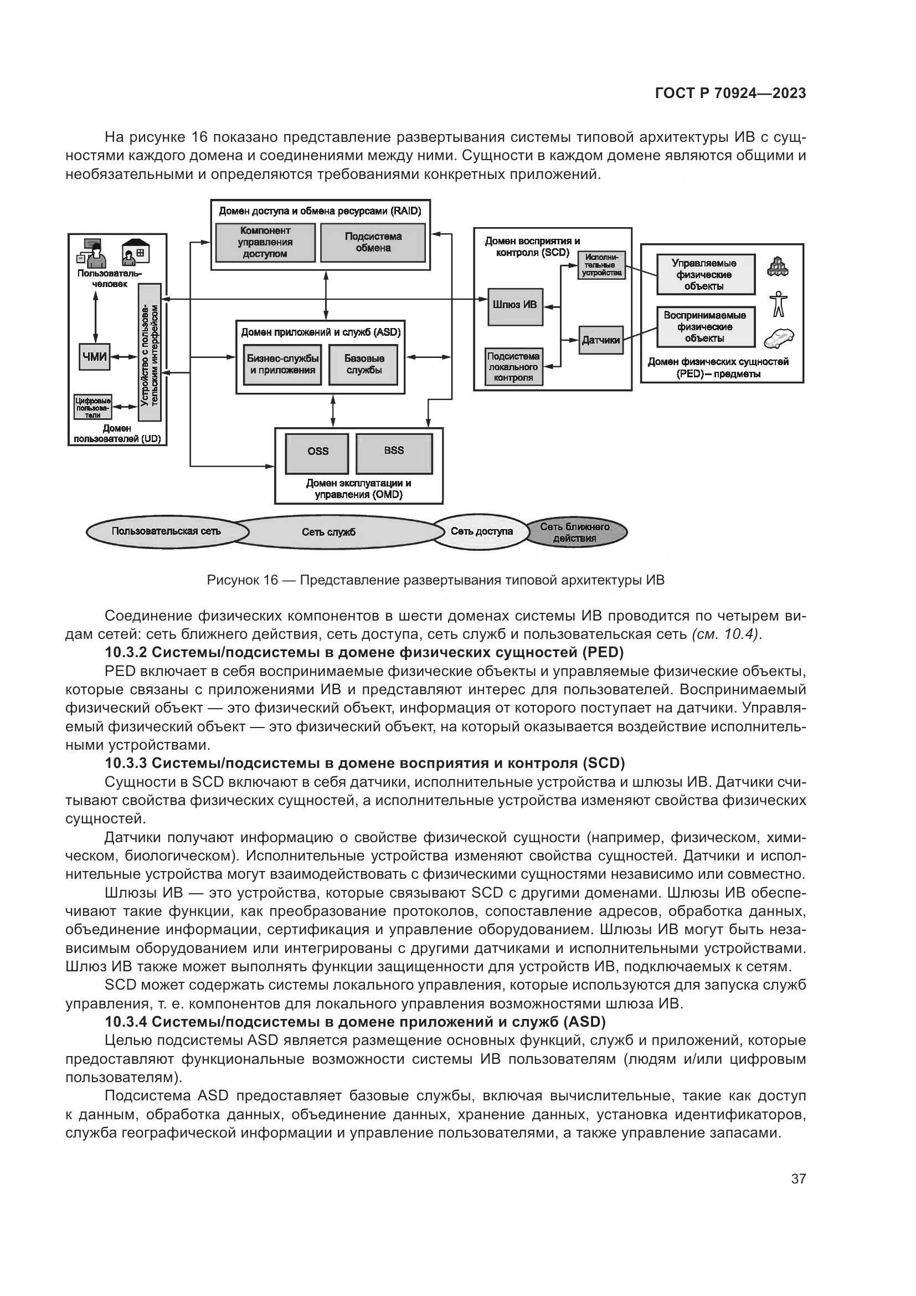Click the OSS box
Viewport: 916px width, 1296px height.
click(317, 453)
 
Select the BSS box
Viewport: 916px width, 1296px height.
click(394, 453)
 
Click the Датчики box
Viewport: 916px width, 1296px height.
click(601, 340)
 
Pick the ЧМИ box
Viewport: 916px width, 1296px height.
click(94, 357)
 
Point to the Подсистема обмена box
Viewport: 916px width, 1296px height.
click(373, 243)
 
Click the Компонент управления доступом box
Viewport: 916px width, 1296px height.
click(265, 243)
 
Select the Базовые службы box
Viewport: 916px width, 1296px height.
click(364, 365)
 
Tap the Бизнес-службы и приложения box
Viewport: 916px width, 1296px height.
click(282, 365)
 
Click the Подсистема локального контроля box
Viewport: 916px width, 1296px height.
click(514, 367)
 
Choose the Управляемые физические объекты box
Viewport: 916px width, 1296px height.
click(705, 275)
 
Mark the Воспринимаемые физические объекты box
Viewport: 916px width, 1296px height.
click(705, 327)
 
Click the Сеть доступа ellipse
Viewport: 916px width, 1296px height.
click(481, 532)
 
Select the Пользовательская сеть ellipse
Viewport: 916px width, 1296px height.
click(166, 532)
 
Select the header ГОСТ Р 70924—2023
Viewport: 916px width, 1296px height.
click(730, 93)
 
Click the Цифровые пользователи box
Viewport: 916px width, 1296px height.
click(93, 407)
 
